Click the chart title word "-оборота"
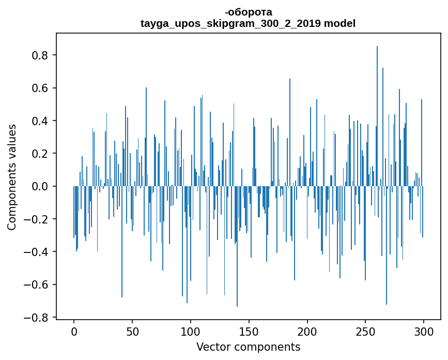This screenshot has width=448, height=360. [248, 12]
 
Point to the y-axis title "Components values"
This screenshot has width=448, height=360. [12, 177]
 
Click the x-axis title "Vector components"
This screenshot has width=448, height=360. [248, 347]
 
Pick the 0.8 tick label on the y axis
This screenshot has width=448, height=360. [41, 55]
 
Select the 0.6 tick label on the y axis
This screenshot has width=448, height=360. [41, 88]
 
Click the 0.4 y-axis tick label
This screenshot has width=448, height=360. [41, 121]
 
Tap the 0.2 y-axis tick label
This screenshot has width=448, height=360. [41, 154]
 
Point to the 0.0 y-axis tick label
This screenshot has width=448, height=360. [41, 186]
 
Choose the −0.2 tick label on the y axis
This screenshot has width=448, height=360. [37, 219]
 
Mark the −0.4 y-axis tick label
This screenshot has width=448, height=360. [37, 252]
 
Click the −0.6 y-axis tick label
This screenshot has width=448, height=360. [37, 284]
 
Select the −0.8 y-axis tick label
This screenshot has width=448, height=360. [37, 318]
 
